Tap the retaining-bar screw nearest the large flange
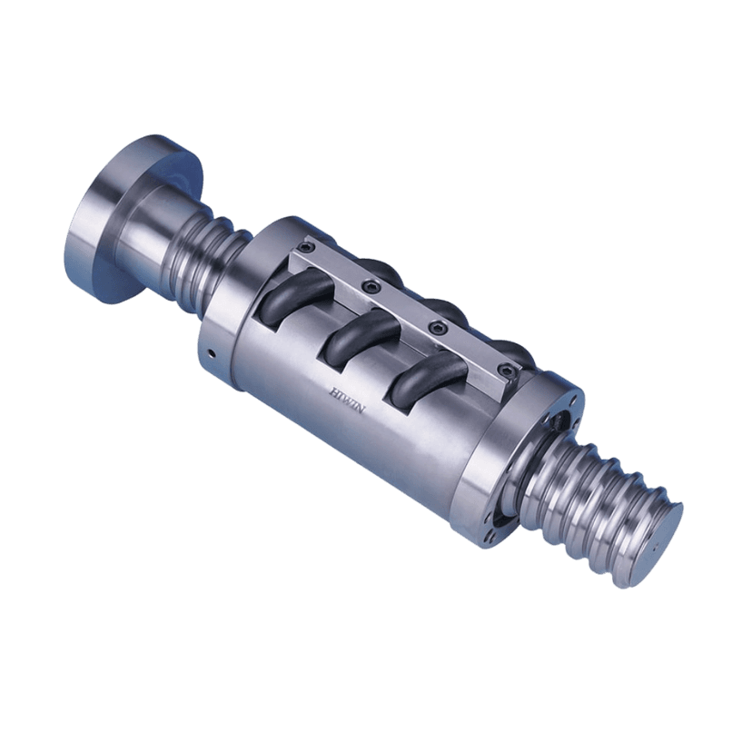point(306,247)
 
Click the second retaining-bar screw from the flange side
point(371,287)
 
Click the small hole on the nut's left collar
point(211,354)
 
